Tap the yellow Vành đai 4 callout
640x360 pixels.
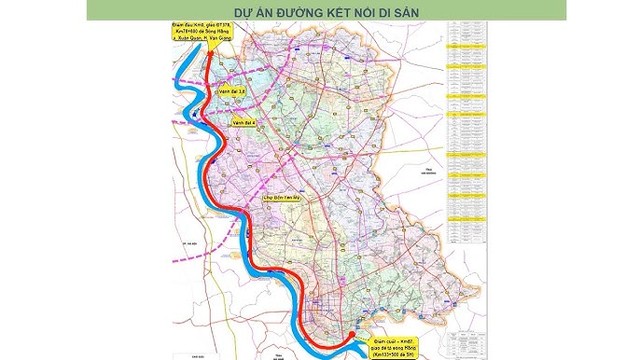click(244, 122)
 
